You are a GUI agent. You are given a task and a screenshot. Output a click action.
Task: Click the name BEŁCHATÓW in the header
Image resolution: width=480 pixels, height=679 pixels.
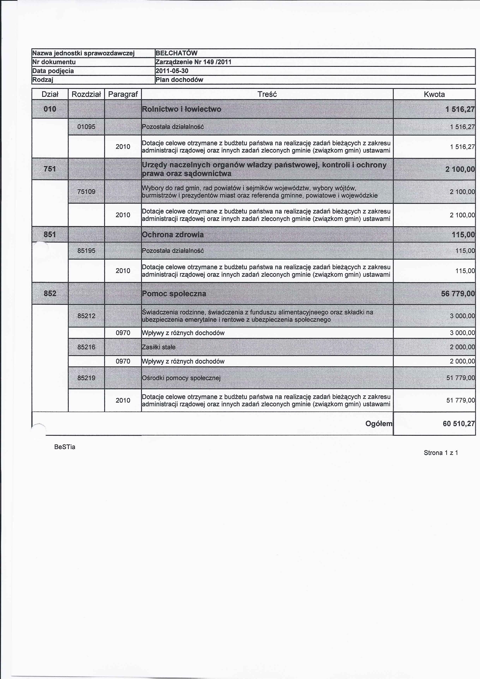176,53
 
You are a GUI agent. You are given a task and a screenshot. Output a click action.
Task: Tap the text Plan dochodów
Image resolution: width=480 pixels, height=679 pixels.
179,80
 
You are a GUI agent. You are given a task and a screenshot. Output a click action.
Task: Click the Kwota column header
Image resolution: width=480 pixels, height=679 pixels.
434,94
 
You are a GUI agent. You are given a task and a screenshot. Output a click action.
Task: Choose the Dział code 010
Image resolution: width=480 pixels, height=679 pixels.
50,109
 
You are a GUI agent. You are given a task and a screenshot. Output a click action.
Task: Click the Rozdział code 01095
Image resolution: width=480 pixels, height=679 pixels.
86,127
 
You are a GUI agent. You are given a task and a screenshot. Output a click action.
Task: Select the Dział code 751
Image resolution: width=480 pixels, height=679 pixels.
50,169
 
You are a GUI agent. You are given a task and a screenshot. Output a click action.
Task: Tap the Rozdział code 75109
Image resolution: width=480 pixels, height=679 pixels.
86,192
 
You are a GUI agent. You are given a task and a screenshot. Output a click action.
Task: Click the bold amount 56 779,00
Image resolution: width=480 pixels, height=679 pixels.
458,294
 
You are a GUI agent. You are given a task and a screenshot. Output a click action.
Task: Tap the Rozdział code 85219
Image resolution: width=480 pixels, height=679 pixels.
86,378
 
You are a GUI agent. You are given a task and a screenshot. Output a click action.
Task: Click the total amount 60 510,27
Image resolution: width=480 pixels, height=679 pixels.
458,424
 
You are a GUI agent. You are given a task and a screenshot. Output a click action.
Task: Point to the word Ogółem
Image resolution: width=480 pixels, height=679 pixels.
379,424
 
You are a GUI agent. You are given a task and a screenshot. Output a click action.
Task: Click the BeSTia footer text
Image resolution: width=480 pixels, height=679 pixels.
65,447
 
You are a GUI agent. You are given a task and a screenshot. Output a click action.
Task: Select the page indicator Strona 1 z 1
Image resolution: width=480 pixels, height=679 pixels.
441,453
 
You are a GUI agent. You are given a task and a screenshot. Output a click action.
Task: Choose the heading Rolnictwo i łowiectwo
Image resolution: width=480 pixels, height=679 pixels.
182,109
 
